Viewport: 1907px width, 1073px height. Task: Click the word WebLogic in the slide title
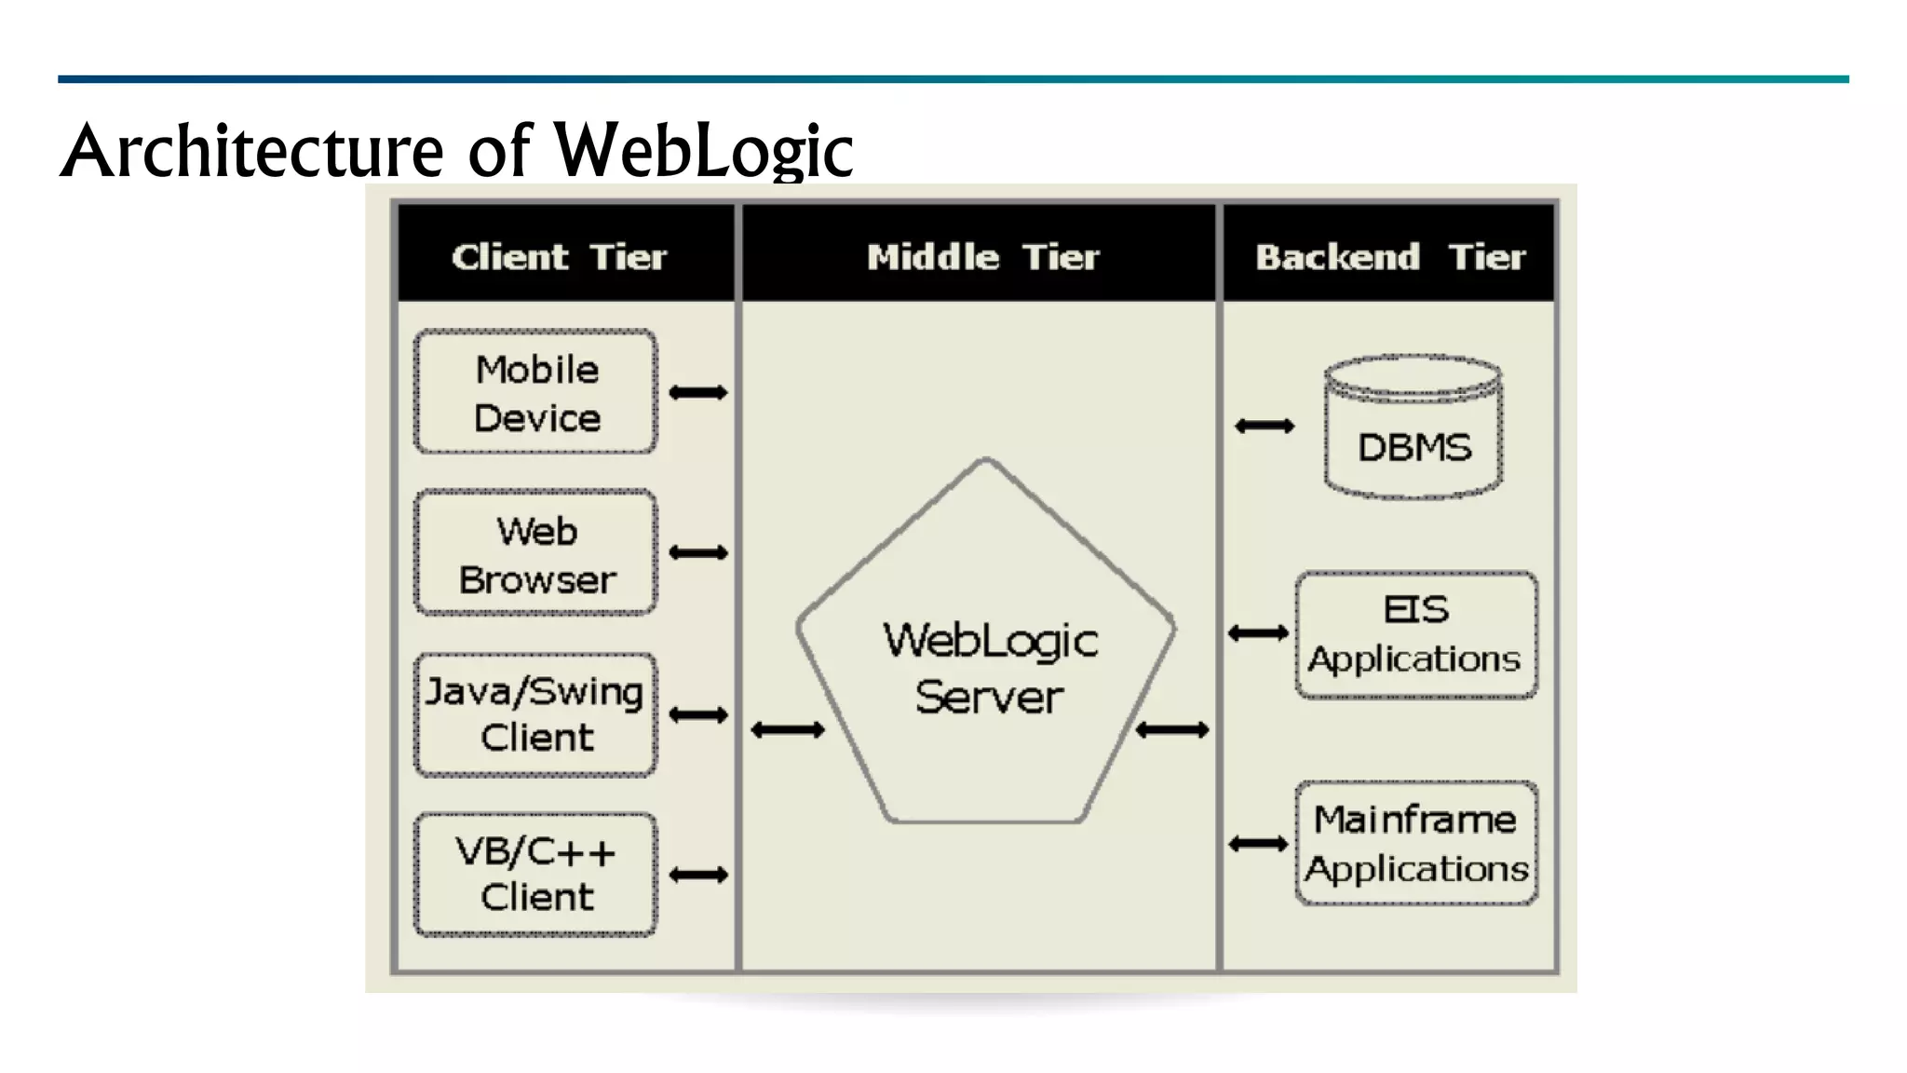click(x=703, y=151)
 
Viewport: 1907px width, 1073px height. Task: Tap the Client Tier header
click(x=560, y=256)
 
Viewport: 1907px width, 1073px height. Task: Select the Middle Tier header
click(x=982, y=256)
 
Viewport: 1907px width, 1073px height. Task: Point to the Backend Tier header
click(x=1389, y=256)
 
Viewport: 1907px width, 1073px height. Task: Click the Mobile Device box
click(x=536, y=392)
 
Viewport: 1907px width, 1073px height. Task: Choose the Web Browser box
click(x=536, y=554)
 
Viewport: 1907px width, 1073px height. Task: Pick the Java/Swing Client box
click(x=535, y=714)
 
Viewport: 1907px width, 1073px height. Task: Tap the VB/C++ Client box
click(x=535, y=875)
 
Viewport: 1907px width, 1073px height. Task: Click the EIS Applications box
click(x=1415, y=634)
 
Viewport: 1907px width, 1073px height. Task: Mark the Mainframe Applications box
click(x=1415, y=843)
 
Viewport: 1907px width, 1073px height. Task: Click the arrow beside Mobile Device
click(x=698, y=392)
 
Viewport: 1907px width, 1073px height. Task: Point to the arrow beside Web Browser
click(x=698, y=553)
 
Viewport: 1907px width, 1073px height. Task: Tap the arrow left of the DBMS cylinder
click(x=1265, y=426)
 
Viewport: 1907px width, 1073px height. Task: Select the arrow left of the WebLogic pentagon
click(x=788, y=729)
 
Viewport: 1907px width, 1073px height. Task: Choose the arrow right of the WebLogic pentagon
click(x=1172, y=729)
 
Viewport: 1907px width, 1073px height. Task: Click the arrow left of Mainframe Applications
click(x=1258, y=844)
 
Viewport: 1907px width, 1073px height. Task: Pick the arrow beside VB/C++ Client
click(x=698, y=875)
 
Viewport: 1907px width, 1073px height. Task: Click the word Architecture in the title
click(x=251, y=151)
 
